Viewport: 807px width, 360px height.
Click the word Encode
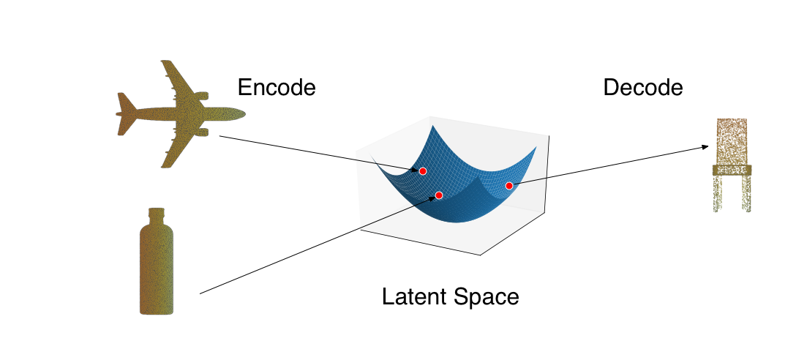point(276,88)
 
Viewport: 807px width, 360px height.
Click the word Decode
point(642,88)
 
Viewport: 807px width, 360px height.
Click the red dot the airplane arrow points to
point(423,170)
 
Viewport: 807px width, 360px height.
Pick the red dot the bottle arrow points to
point(439,195)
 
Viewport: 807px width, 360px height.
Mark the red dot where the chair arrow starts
point(509,185)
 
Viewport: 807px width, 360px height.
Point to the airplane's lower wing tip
point(165,165)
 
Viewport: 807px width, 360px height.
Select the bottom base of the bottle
point(157,312)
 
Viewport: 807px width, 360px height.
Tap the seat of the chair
point(732,170)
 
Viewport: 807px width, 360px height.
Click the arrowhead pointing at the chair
point(705,147)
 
